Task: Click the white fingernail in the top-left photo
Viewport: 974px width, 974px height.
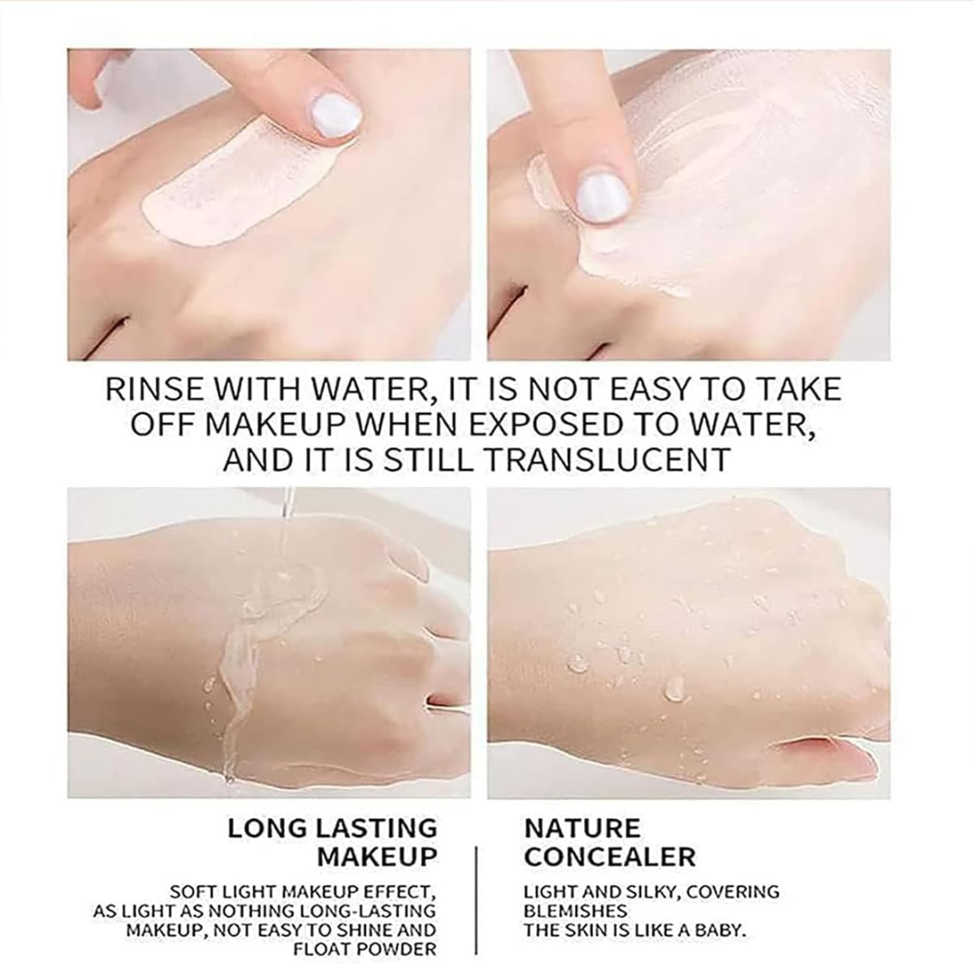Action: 335,115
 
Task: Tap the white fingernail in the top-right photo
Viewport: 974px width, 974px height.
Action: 602,194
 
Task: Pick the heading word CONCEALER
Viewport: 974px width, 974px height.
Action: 610,856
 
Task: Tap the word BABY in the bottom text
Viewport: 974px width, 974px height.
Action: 716,930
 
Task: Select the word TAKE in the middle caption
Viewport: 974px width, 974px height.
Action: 799,390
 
